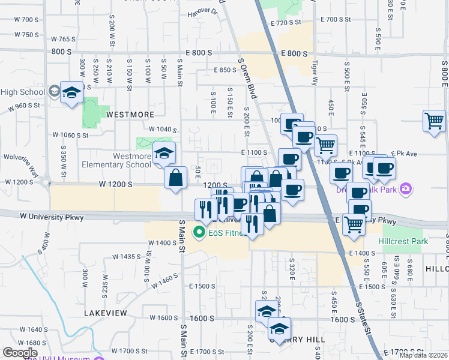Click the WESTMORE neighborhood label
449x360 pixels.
[x=130, y=114]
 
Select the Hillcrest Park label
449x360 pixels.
[x=403, y=241]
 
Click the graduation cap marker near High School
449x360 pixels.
[x=71, y=92]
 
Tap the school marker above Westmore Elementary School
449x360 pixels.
[x=164, y=153]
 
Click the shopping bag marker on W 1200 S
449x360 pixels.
[x=175, y=178]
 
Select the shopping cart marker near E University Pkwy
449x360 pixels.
[x=354, y=223]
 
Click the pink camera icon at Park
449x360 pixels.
[x=406, y=189]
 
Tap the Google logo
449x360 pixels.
[x=20, y=352]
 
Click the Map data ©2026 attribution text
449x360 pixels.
[x=424, y=355]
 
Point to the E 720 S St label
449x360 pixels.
[x=286, y=22]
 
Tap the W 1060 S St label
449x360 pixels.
[x=71, y=136]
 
